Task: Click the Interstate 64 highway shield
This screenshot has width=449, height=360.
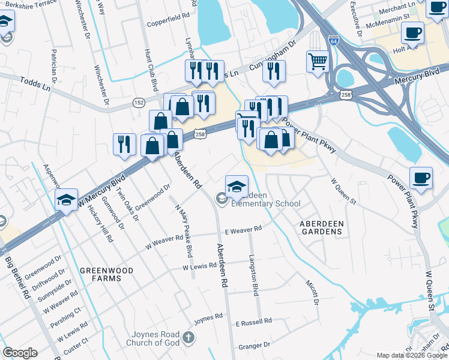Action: coord(333,41)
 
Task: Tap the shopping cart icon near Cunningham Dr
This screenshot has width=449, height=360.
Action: coord(318,60)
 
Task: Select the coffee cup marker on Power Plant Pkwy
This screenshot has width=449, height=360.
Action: coord(421,177)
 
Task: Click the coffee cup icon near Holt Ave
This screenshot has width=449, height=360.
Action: coord(413,32)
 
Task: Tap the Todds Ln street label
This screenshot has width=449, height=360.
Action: coord(35,83)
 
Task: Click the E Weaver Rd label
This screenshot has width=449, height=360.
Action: coord(243,229)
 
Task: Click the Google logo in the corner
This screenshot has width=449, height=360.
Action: coord(20,353)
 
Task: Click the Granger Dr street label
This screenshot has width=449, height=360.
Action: coord(254,346)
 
